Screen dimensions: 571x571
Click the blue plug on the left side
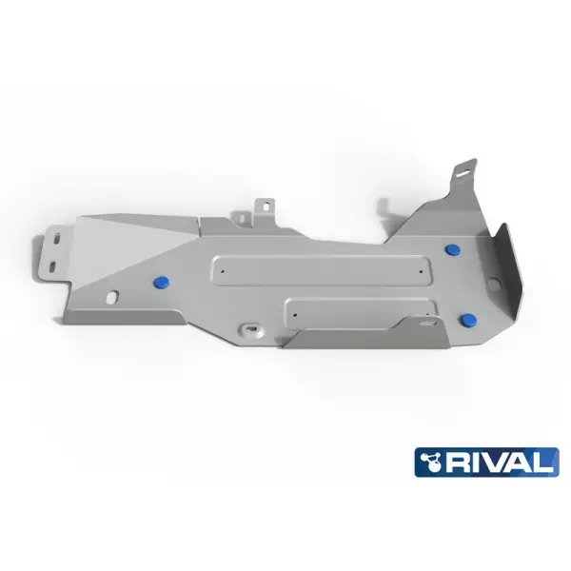coord(160,282)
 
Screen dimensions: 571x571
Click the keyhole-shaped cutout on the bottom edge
coord(250,329)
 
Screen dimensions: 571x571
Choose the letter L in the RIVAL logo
coord(541,464)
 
